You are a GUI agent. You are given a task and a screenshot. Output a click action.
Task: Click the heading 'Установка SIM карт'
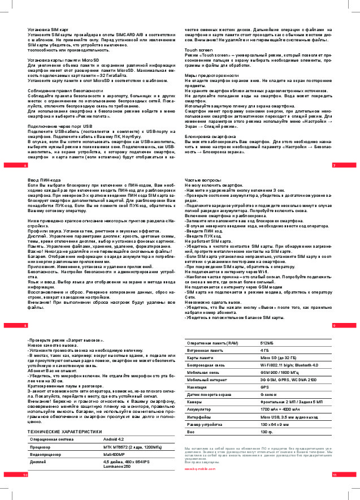pos(49,29)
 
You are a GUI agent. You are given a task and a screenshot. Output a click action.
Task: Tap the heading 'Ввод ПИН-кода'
pos(43,179)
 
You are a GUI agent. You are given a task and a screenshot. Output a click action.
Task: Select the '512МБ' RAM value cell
pos(268,343)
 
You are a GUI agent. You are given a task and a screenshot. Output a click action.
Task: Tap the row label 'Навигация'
pos(198,387)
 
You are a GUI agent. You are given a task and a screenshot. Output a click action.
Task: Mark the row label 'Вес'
pos(191,432)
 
